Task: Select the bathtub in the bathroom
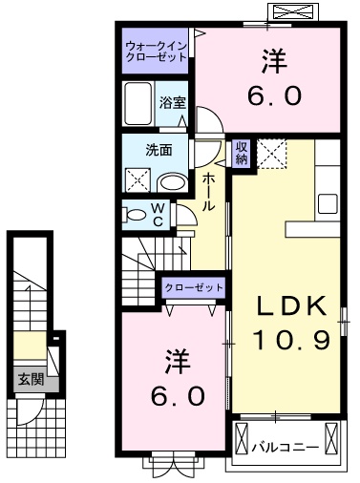point(139,102)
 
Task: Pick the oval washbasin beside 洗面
point(172,181)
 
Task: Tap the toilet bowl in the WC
point(135,214)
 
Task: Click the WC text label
point(159,214)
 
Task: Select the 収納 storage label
point(242,153)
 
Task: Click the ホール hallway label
point(209,193)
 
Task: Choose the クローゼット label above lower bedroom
point(194,287)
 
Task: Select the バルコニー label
point(286,444)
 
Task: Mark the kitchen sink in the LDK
point(328,203)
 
